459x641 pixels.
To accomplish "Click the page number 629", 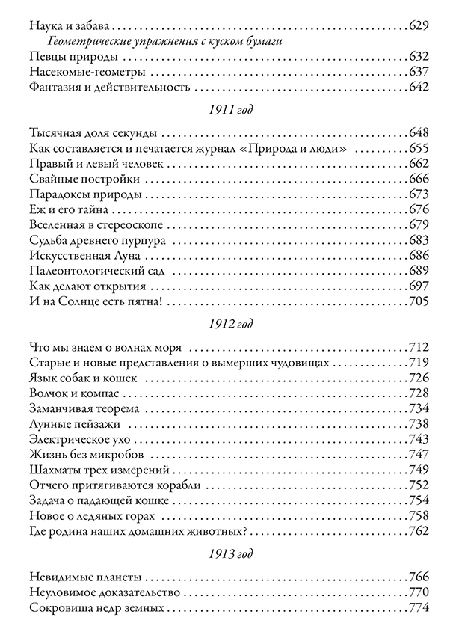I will point(419,26).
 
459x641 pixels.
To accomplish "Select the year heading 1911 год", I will point(229,110).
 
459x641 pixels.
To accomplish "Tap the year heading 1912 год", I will point(229,325).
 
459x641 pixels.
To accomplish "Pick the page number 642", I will point(419,88).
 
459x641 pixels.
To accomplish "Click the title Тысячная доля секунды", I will point(91,134).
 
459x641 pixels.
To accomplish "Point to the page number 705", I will point(419,302).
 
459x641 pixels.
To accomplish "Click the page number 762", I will point(419,532).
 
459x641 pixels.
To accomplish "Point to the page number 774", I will point(419,609).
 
